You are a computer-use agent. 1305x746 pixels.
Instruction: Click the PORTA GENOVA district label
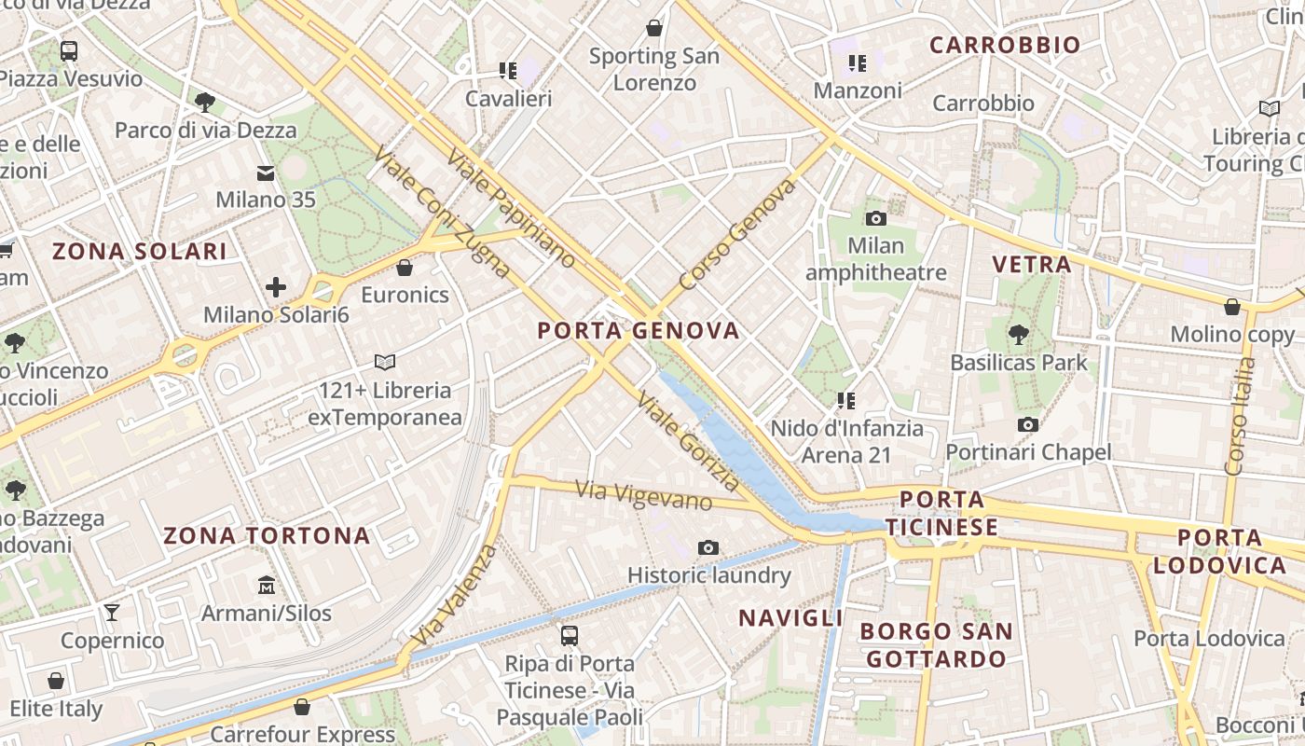pos(639,330)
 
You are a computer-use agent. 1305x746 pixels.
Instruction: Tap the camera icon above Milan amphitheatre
pos(875,218)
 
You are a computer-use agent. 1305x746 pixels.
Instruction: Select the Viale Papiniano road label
pos(510,207)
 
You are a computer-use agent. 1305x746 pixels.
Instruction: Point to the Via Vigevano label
pos(643,494)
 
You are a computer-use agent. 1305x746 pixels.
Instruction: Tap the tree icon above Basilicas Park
pos(1019,334)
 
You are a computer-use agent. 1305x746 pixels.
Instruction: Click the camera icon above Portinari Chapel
pos(1027,424)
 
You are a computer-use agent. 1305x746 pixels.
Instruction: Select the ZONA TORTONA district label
pos(267,536)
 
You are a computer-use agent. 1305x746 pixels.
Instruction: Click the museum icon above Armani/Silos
pos(267,585)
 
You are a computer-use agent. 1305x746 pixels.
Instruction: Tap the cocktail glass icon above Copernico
pos(112,612)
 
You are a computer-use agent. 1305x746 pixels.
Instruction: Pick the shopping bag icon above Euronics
pos(405,268)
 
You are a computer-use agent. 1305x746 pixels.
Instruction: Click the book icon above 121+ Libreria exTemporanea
pos(384,361)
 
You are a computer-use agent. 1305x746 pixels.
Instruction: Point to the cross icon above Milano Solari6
pos(276,287)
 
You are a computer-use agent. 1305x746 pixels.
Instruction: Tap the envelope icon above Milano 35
pos(266,173)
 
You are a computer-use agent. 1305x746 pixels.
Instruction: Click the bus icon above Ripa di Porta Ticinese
pos(569,636)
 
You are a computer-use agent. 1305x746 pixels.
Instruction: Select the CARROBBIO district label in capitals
pos(1005,45)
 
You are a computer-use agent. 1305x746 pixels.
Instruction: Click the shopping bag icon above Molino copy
pos(1231,306)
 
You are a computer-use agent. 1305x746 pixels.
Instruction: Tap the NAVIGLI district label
pos(790,617)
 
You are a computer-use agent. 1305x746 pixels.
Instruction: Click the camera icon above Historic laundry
pos(708,547)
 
